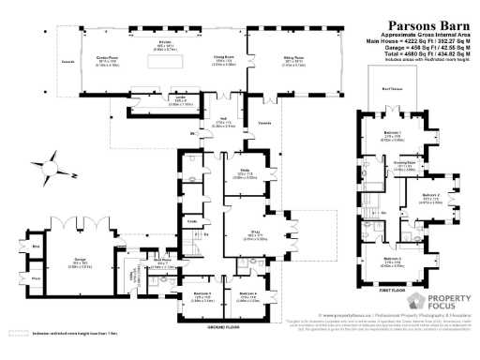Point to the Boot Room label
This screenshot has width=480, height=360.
pyautogui.click(x=160, y=263)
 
